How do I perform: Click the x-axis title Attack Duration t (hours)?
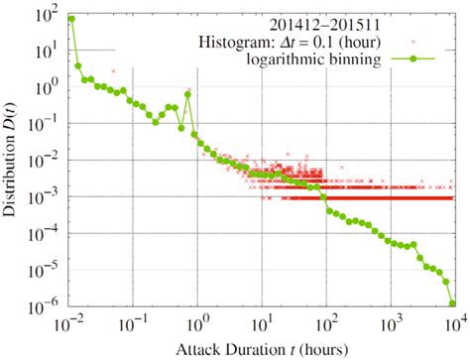tap(262, 349)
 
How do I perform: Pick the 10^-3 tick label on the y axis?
tap(46, 197)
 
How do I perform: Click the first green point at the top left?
tap(70, 19)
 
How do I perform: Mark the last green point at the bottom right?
tap(453, 303)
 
